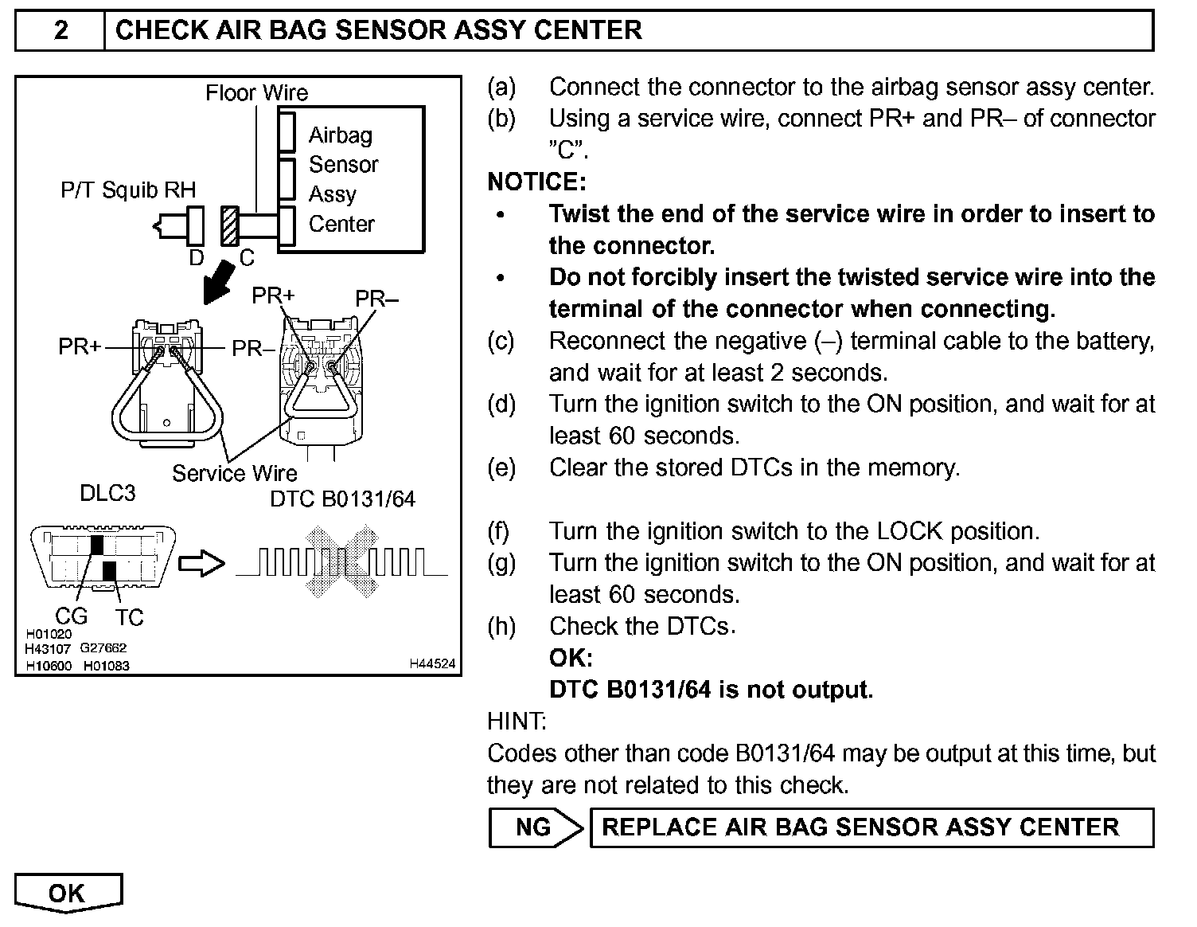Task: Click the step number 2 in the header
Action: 61,30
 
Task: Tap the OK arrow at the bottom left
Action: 68,892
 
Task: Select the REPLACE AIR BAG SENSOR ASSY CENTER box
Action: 871,827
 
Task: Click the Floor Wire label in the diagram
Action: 256,93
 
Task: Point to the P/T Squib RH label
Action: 127,190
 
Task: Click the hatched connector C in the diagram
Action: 229,226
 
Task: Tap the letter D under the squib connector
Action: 196,257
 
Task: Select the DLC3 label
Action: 107,493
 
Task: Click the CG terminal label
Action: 71,616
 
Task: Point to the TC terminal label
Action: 129,617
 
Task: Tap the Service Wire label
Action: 234,474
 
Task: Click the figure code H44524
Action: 433,663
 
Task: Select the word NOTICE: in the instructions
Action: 536,182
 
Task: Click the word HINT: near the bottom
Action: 517,722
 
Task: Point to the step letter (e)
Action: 501,467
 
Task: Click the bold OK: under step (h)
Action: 571,658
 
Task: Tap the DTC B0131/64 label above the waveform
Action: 342,499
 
